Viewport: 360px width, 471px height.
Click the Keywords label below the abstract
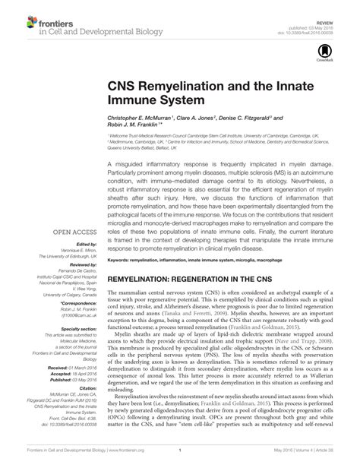(x=123, y=260)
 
